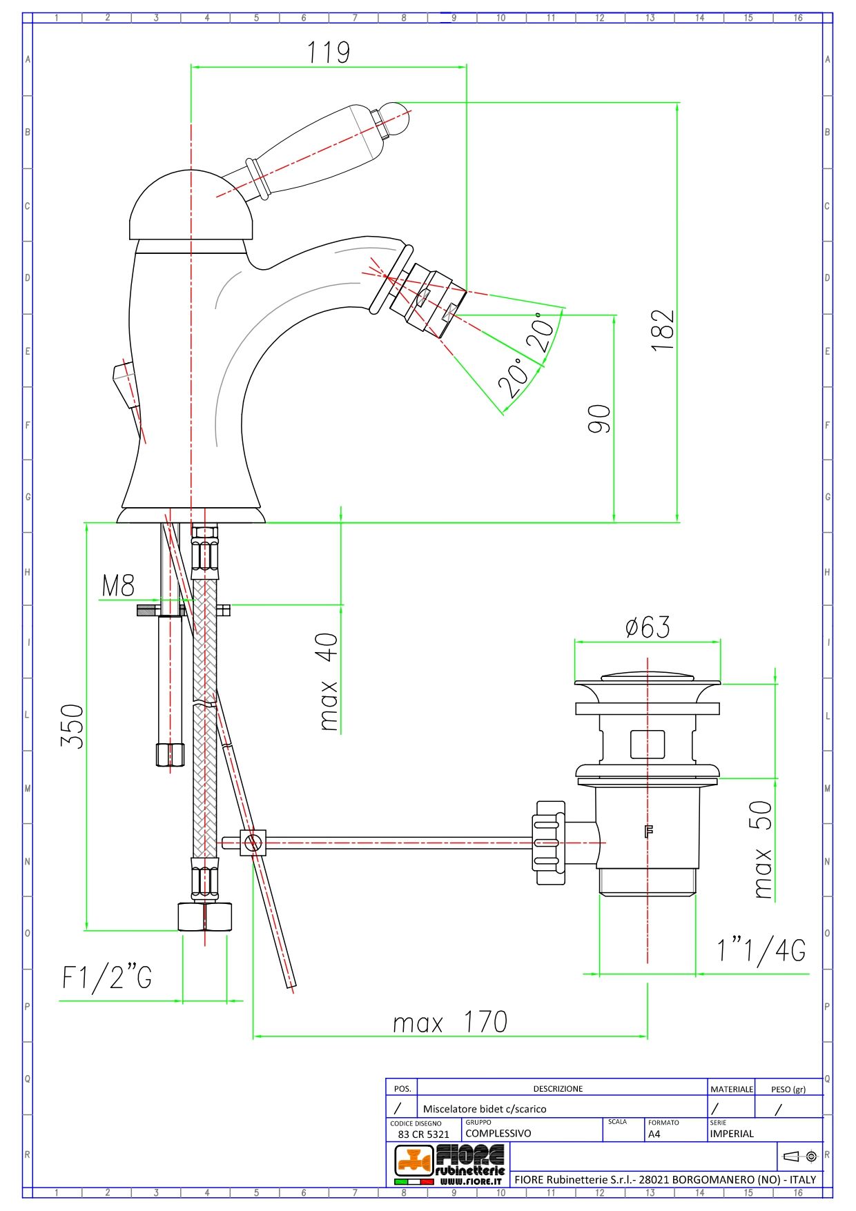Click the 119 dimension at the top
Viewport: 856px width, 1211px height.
(x=329, y=52)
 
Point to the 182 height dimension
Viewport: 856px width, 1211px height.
(x=663, y=330)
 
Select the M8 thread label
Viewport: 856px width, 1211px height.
(x=118, y=586)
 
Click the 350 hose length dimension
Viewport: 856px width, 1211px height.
(x=72, y=726)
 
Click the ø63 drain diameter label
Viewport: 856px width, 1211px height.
(x=647, y=627)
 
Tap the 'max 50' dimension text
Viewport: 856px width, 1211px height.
(x=762, y=849)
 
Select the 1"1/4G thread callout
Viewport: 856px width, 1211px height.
(x=761, y=951)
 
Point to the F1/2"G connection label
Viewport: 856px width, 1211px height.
(x=107, y=977)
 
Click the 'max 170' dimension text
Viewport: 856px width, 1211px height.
(x=449, y=1022)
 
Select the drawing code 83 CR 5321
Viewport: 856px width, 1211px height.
(x=423, y=1134)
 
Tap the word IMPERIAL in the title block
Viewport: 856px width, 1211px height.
(x=732, y=1134)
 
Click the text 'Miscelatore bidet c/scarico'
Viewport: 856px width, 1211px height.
(x=484, y=1109)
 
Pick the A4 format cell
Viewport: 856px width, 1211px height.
(x=654, y=1134)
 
